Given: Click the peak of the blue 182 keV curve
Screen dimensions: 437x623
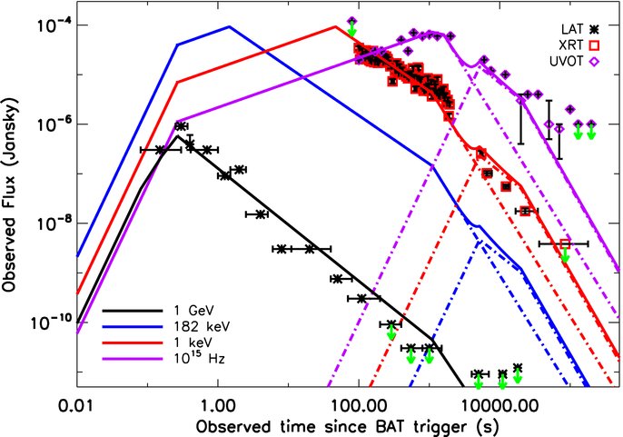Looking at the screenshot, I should [230, 26].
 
